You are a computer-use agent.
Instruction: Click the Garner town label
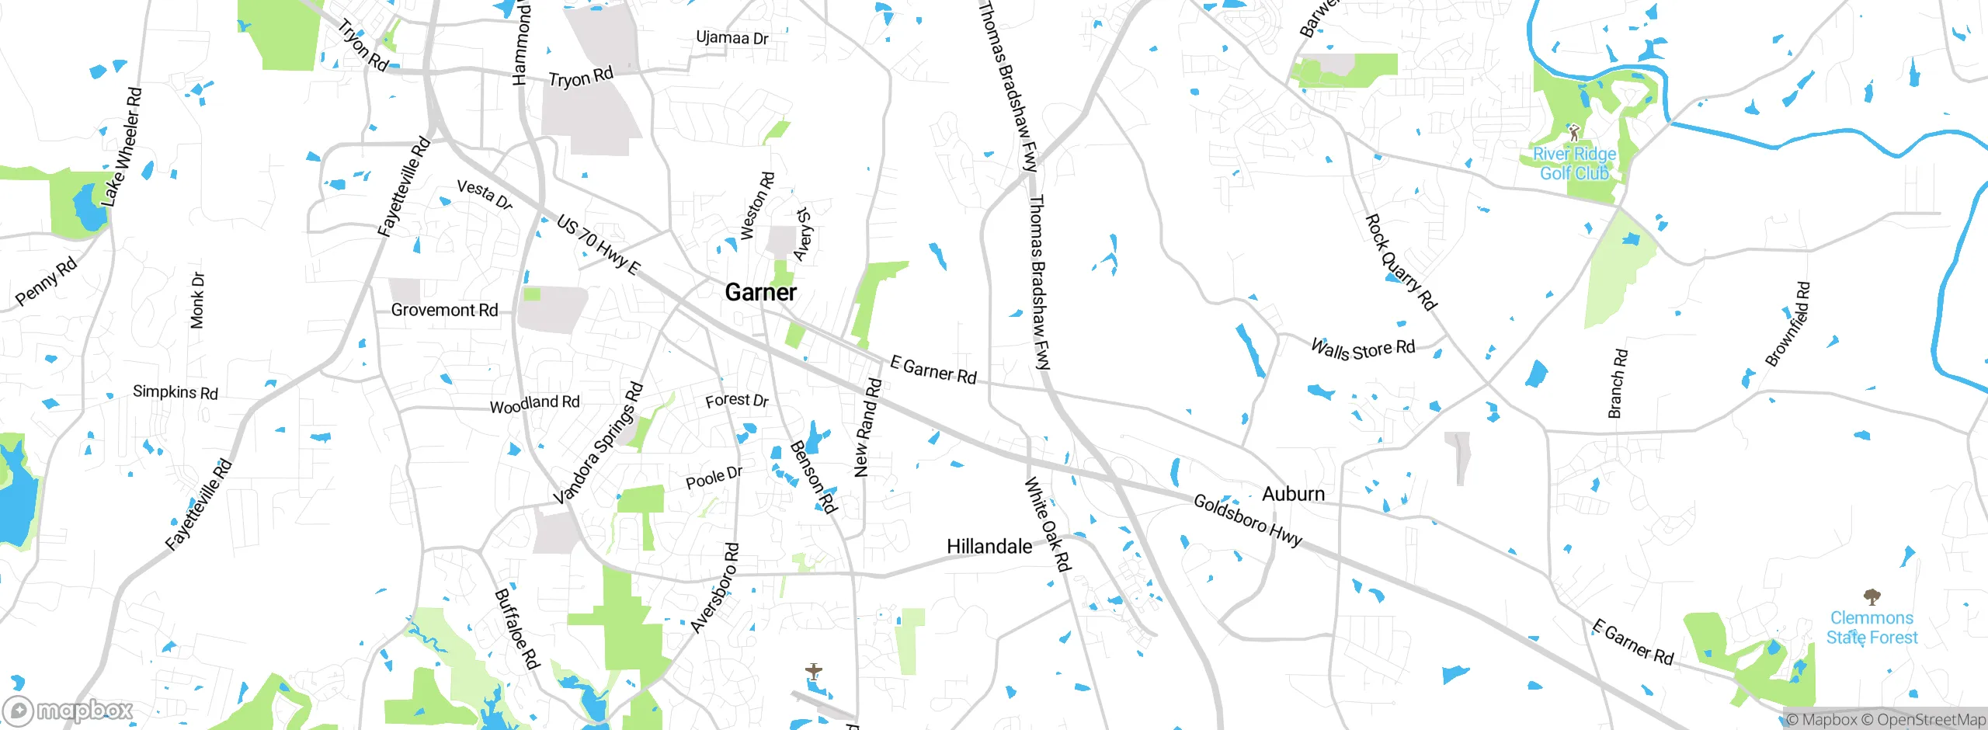(760, 293)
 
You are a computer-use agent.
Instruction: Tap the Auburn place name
(1293, 494)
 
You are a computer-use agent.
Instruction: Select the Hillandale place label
(989, 547)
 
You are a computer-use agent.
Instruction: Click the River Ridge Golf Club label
(1574, 164)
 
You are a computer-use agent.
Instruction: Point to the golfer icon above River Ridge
(1574, 133)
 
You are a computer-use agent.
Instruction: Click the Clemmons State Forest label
(1872, 627)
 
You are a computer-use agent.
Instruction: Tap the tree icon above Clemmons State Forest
(1872, 597)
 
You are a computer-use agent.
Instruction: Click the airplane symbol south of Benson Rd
(813, 670)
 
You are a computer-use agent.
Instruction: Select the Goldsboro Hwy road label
(1247, 521)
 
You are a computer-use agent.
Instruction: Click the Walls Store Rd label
(1363, 349)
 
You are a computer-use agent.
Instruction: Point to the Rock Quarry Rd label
(1401, 262)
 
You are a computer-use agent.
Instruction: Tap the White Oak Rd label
(1048, 525)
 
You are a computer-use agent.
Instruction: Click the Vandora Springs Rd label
(599, 443)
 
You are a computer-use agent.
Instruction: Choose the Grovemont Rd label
(444, 311)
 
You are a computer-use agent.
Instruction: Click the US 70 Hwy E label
(599, 245)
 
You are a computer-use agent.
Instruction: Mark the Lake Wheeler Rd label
(122, 148)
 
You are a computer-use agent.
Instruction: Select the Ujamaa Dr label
(732, 38)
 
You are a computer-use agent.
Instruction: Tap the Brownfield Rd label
(1788, 325)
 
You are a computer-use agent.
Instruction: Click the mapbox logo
(68, 710)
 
